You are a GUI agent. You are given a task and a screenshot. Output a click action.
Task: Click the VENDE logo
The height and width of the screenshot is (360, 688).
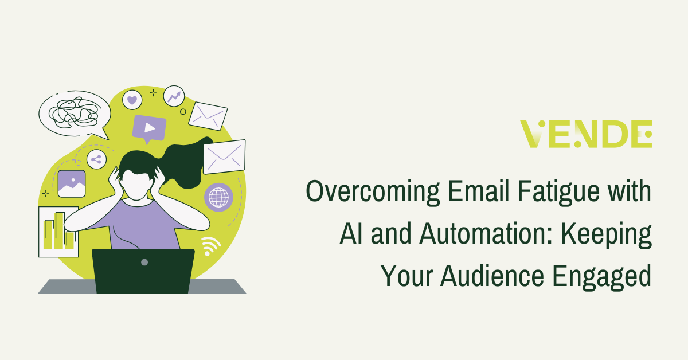click(x=585, y=134)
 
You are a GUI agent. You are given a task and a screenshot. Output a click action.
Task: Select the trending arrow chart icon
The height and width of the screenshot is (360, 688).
click(x=174, y=96)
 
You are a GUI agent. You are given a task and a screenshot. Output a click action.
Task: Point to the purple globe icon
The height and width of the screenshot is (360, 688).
click(x=218, y=197)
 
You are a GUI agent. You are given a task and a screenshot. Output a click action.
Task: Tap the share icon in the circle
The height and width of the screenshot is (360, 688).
click(x=96, y=160)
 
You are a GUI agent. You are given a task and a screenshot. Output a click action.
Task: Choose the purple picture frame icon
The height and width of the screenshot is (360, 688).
click(x=72, y=183)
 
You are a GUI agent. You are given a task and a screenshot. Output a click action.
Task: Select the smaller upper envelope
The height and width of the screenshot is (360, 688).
click(x=208, y=116)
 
